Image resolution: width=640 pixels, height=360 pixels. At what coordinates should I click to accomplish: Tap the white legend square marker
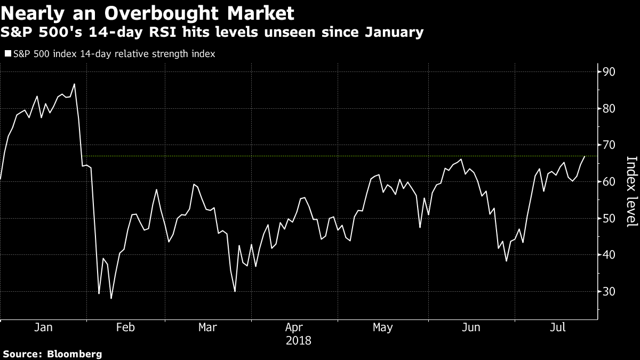(7, 54)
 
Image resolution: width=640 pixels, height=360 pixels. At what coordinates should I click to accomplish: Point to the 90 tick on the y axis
(609, 72)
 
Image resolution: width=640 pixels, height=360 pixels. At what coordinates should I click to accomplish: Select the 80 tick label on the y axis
(609, 109)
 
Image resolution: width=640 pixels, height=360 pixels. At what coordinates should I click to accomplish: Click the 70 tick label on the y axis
(609, 145)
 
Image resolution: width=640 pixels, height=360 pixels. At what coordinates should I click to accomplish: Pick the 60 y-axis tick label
(609, 182)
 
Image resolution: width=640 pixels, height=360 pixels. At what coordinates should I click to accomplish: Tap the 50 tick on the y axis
(609, 219)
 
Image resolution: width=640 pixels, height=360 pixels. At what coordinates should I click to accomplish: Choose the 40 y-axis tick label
(609, 255)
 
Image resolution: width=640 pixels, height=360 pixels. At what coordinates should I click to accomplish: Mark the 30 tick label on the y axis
(609, 292)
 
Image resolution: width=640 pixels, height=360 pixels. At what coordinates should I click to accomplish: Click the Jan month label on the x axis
(43, 327)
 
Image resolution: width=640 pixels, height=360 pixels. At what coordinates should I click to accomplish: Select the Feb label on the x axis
(125, 327)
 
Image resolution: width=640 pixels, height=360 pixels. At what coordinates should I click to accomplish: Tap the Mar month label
(207, 327)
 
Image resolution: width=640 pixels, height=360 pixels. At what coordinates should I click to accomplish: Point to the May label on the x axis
(383, 327)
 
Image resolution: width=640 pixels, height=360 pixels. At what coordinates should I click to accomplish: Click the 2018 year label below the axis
(299, 340)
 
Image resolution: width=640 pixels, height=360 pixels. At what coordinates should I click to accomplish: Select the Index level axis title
(631, 191)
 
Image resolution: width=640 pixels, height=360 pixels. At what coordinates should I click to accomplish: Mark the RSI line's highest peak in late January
(74, 84)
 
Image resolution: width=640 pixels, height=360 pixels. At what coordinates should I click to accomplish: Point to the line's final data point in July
(585, 156)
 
